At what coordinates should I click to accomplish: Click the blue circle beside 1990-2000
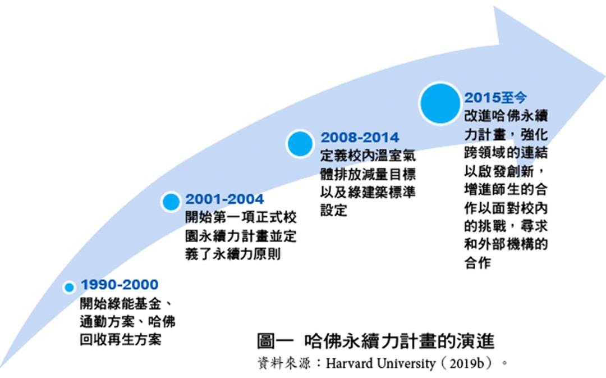[69, 288]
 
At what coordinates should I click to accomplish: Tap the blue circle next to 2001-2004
[171, 202]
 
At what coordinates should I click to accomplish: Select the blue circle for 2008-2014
[300, 144]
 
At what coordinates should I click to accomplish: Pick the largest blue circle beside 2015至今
[440, 103]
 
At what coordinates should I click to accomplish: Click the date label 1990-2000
[120, 285]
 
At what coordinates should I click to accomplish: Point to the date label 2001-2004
[224, 199]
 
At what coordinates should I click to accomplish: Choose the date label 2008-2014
[360, 138]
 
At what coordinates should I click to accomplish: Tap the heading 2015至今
[495, 98]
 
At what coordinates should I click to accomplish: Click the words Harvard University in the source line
[380, 363]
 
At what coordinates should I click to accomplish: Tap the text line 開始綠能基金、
[127, 303]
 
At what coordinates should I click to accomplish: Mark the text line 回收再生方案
[121, 339]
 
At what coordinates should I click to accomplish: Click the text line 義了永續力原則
[233, 254]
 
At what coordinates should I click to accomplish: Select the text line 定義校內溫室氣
[368, 156]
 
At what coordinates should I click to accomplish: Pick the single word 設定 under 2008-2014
[334, 210]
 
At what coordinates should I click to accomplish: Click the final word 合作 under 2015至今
[478, 263]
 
